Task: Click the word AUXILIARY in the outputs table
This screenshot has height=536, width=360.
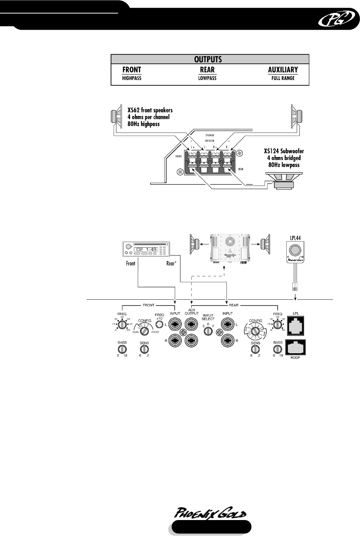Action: coord(282,70)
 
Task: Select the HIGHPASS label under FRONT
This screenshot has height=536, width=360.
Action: coord(132,78)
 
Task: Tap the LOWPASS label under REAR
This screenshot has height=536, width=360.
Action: coord(208,78)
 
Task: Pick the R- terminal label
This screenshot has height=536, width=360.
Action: coord(228,146)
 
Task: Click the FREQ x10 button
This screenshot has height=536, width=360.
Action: coord(160,324)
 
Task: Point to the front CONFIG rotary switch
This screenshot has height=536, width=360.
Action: coord(144,331)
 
